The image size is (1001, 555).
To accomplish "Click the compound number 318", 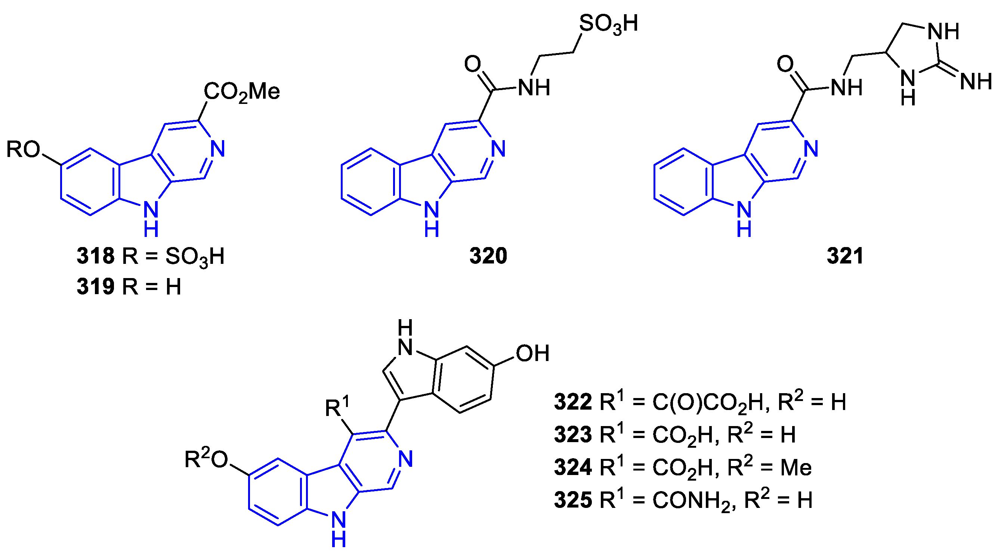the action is (95, 256).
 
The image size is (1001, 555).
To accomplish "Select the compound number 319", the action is (95, 286).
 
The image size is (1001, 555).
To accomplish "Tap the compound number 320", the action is (488, 256).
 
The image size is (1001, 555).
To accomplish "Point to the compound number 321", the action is (845, 256).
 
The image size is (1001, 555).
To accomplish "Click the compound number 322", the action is (573, 402).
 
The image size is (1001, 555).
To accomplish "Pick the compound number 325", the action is (573, 500).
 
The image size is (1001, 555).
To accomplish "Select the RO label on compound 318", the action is (23, 149).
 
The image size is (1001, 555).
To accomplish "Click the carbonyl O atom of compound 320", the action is (473, 64).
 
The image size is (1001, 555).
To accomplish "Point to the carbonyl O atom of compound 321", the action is (785, 64).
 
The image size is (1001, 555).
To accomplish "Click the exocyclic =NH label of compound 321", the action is (976, 81).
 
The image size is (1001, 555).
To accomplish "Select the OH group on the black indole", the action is (532, 353).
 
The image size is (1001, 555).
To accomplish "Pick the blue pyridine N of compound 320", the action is (498, 149).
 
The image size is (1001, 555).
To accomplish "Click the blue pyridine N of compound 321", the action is (811, 149).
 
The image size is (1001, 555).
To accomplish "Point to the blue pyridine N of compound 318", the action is (217, 149).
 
